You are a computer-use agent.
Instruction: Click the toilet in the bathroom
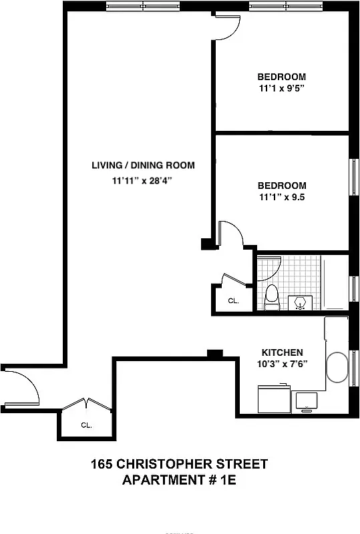(271, 297)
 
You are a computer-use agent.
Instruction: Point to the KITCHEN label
(282, 352)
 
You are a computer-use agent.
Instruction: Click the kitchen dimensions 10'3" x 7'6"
(282, 364)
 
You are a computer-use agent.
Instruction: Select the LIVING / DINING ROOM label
(143, 166)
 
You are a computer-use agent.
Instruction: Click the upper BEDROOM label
(281, 75)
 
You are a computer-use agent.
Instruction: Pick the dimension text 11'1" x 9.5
(281, 198)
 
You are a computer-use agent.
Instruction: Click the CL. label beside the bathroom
(233, 301)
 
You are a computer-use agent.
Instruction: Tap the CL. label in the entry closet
(86, 425)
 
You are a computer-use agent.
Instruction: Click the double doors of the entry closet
(86, 405)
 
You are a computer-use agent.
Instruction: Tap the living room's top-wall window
(143, 6)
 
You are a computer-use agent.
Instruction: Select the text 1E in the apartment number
(226, 480)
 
